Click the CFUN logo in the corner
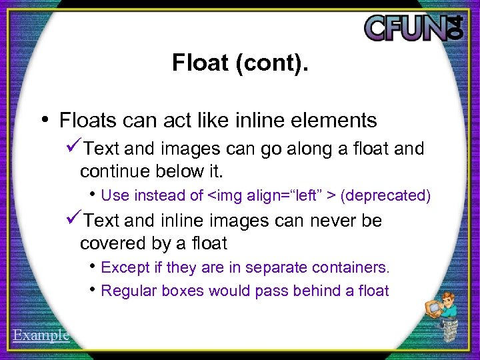(x=413, y=27)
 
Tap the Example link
(x=41, y=335)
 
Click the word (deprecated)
(x=385, y=195)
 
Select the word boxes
(x=183, y=291)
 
